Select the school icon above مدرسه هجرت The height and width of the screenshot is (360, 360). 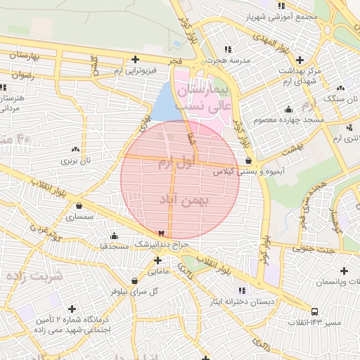tap(227, 49)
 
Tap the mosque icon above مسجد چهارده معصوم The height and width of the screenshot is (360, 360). tap(288, 110)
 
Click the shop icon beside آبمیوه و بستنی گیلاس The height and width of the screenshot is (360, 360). tap(248, 160)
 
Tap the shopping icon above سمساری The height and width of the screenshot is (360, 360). tap(78, 206)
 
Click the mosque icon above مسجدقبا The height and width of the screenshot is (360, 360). tap(113, 236)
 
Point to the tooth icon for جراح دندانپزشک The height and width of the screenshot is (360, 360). tap(162, 233)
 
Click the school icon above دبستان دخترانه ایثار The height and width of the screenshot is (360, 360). tap(241, 290)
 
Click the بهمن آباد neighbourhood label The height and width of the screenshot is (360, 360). tap(186, 200)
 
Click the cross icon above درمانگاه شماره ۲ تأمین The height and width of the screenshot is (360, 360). tap(72, 309)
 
